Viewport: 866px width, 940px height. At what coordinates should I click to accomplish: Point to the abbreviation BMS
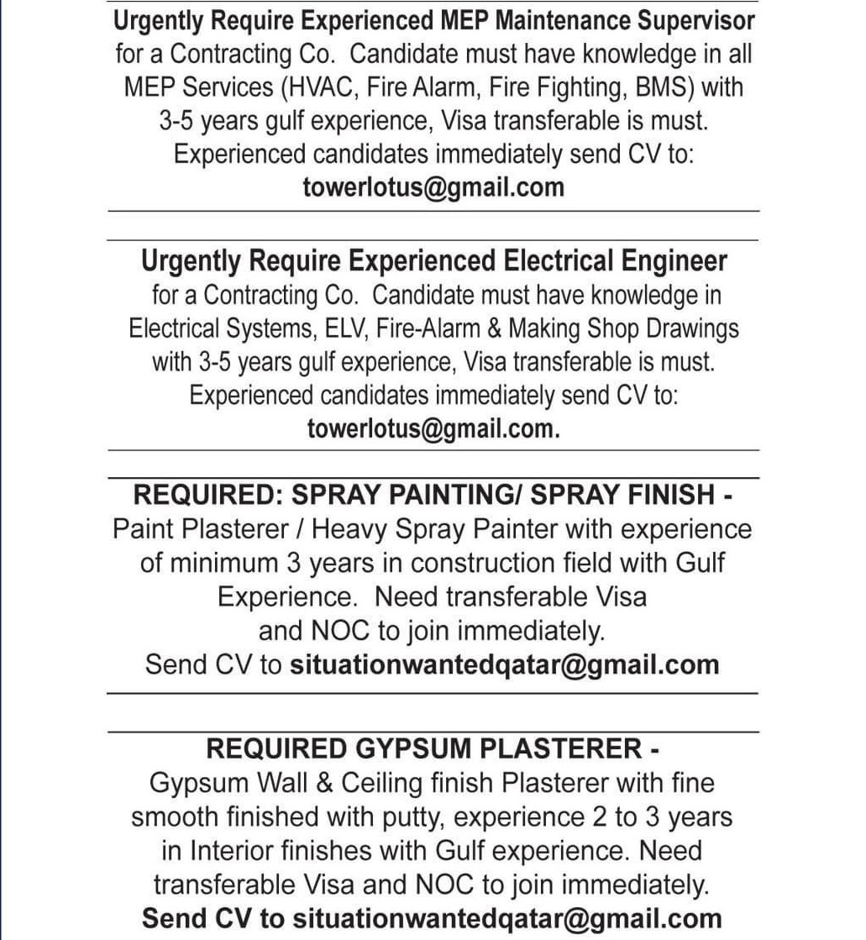666,87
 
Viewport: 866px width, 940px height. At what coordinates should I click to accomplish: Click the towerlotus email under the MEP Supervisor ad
433,187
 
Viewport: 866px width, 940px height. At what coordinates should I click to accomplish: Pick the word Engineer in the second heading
674,261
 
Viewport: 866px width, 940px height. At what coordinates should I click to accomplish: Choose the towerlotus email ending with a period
433,428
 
